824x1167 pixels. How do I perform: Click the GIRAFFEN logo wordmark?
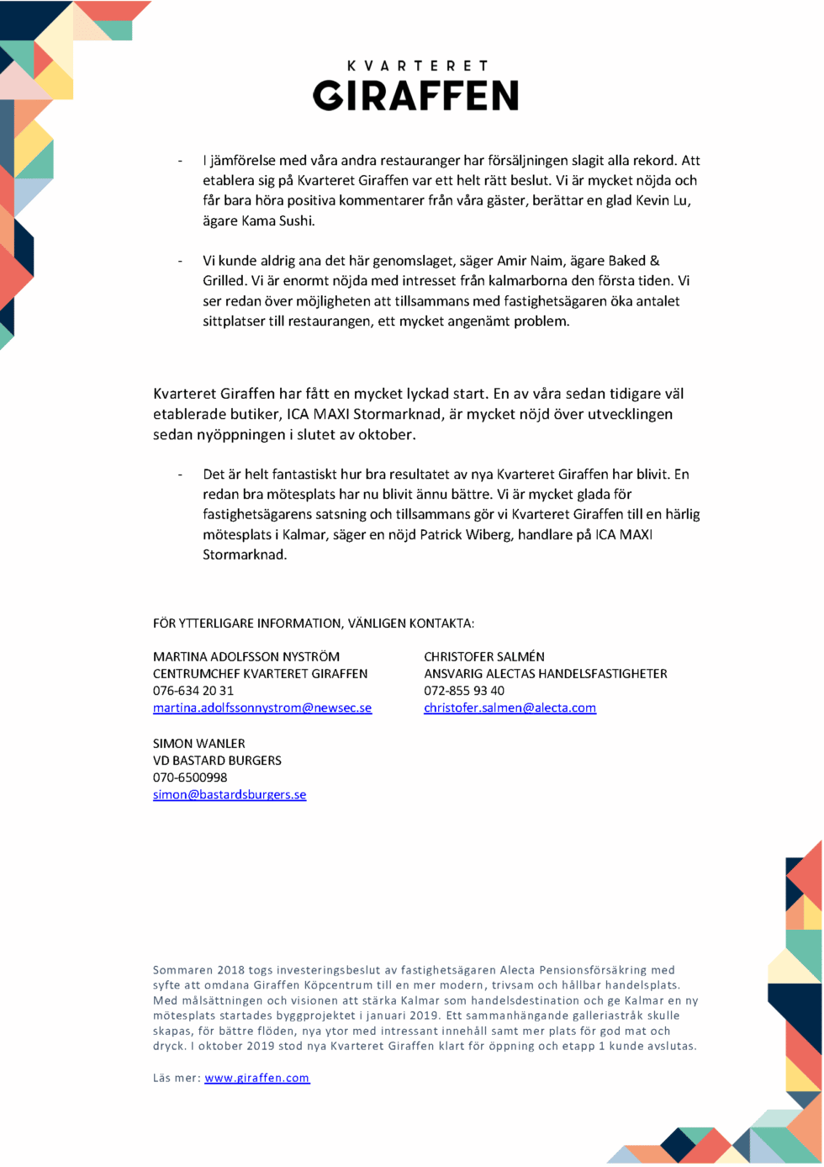tap(415, 96)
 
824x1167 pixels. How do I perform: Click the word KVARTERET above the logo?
tap(417, 66)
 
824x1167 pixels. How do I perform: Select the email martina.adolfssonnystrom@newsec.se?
tap(262, 708)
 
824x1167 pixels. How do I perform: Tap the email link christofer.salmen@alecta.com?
tap(510, 708)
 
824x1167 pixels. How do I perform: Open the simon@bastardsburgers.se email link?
tap(230, 795)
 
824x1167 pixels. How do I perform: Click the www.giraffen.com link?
tap(257, 1079)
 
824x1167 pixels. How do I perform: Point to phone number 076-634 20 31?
tap(193, 691)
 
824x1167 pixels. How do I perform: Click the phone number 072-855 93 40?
tap(464, 691)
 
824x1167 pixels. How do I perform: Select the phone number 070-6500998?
tap(190, 777)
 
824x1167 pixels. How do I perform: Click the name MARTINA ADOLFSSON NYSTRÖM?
tap(246, 656)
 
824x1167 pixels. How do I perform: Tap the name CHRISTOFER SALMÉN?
tap(484, 656)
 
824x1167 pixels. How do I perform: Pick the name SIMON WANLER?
tap(199, 744)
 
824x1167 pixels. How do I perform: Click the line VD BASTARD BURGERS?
tap(217, 761)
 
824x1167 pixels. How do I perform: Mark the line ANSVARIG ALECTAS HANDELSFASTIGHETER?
tap(546, 674)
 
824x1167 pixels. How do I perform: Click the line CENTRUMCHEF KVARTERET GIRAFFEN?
tap(260, 674)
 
